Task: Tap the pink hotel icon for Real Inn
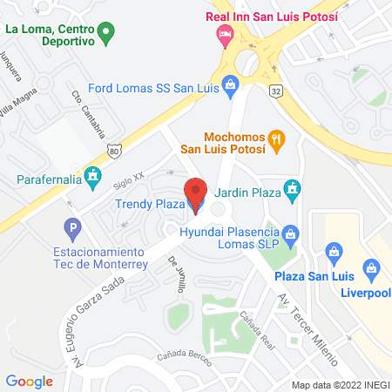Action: (x=224, y=35)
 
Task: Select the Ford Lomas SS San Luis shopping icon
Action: (x=230, y=84)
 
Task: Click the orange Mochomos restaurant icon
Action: (x=277, y=139)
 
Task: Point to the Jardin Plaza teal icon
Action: (x=294, y=187)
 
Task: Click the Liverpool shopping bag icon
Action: (x=373, y=267)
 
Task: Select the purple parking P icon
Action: (x=73, y=231)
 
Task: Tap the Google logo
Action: (x=30, y=381)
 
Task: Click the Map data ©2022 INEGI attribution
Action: (x=338, y=384)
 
